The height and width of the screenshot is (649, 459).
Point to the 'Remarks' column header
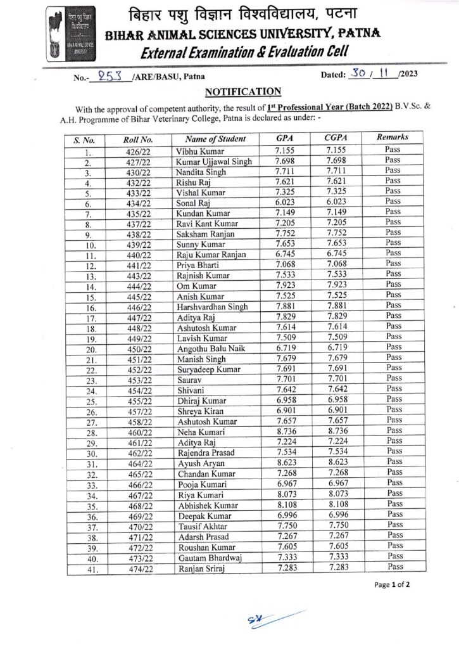pyautogui.click(x=393, y=137)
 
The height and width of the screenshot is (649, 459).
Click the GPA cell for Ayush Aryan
pyautogui.click(x=287, y=463)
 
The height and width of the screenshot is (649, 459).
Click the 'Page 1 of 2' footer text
pyautogui.click(x=393, y=585)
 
